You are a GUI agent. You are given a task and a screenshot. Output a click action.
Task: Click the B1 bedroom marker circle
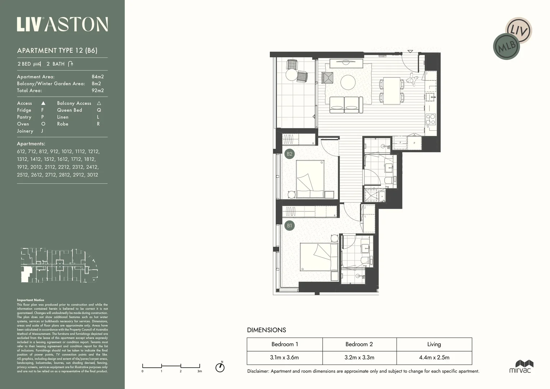(x=289, y=226)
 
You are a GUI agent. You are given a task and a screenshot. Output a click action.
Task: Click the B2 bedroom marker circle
(x=289, y=154)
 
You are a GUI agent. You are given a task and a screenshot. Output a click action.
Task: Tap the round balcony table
(x=291, y=75)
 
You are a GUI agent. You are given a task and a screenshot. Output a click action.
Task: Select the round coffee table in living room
(x=348, y=82)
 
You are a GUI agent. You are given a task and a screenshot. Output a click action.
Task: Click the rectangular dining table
(x=392, y=90)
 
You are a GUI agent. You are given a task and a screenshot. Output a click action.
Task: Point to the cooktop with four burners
(x=430, y=119)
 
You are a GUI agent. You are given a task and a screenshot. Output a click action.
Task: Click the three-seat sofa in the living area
(x=345, y=104)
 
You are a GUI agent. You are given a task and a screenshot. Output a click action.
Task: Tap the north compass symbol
(x=220, y=367)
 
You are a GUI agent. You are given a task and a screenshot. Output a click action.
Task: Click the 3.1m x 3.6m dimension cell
(x=285, y=358)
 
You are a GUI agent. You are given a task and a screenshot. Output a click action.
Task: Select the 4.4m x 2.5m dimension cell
(x=434, y=358)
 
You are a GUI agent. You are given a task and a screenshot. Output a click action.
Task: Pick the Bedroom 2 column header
(x=359, y=344)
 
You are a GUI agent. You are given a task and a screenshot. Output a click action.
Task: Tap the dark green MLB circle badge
(x=506, y=46)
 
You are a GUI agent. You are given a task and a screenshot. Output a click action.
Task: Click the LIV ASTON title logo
(x=62, y=24)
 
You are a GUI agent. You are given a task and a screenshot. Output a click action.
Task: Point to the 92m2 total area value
(x=97, y=90)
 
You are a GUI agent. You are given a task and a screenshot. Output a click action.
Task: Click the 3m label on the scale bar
(x=200, y=371)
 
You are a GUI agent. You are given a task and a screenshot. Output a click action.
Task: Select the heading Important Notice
(x=31, y=300)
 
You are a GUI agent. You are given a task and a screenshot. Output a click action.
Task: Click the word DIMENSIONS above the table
(x=266, y=330)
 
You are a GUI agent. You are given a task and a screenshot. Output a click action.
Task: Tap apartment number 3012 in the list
(x=92, y=175)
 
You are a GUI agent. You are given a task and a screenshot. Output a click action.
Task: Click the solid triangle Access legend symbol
(x=43, y=103)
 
